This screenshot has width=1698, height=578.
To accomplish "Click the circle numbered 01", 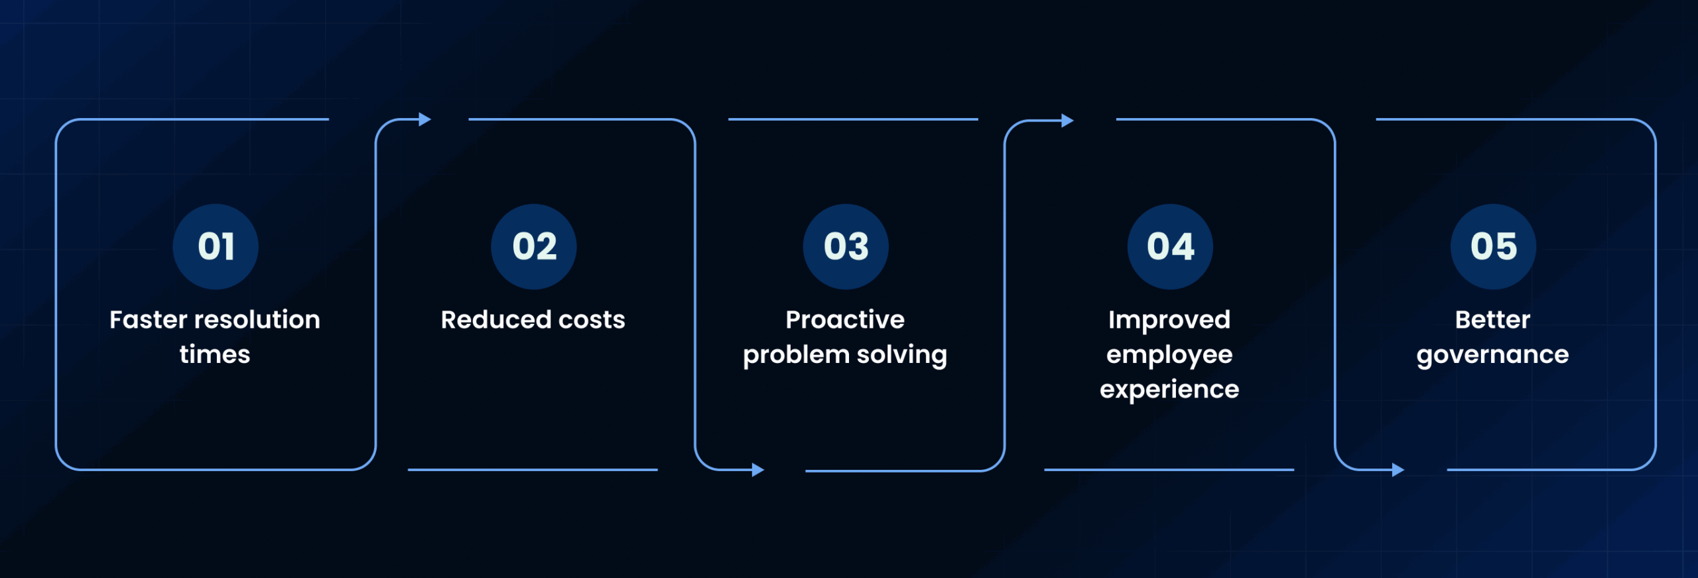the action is tap(216, 247).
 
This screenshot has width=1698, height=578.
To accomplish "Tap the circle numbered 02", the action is tap(534, 247).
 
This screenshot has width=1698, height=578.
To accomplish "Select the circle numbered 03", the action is tap(846, 247).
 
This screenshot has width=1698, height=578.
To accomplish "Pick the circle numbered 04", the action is tap(1170, 247).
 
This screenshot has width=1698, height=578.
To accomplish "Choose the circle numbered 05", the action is tap(1493, 247).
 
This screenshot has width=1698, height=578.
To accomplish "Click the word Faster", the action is tap(149, 320).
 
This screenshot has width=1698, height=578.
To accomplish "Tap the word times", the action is tap(215, 354).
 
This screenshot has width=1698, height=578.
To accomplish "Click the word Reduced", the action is tap(496, 320).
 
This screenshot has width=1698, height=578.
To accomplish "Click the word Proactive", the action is tap(845, 320).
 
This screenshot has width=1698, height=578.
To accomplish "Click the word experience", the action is tap(1169, 390).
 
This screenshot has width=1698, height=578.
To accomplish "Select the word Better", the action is tap(1492, 320).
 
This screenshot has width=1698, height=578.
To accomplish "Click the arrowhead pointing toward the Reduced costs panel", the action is tap(425, 119).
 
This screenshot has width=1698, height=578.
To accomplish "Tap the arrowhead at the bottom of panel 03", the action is tap(758, 470).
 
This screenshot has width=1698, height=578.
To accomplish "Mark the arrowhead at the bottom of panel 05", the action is tap(1398, 470).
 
